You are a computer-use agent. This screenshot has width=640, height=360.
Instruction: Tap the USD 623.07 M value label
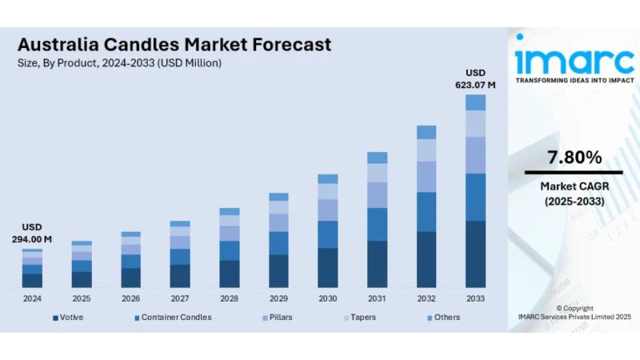pos(475,78)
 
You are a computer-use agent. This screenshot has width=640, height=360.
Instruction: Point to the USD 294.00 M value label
pos(32,233)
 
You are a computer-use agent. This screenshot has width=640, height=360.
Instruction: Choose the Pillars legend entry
pos(278,318)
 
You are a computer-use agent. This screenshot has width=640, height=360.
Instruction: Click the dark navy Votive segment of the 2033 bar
pos(475,254)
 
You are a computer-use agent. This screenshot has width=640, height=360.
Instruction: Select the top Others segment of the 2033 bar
pos(475,102)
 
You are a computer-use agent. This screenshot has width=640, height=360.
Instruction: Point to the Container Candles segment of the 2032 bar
pos(426,212)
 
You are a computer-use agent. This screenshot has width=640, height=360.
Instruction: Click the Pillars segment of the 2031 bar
pos(377,194)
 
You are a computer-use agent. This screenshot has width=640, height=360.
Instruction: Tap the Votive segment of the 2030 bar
pos(328,267)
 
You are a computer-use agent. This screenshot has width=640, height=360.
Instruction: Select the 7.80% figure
pos(574,158)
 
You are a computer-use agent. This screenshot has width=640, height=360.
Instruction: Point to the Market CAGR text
pos(574,186)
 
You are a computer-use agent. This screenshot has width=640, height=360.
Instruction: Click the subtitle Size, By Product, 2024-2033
pos(120,62)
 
